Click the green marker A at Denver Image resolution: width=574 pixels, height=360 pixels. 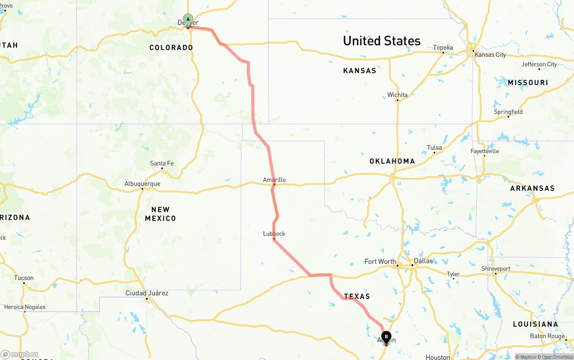188,20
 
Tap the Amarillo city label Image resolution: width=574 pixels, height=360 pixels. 274,180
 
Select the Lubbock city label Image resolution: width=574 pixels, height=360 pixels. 274,234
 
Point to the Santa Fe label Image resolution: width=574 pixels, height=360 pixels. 161,163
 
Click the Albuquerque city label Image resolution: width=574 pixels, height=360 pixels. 142,184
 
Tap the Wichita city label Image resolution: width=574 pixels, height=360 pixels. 397,95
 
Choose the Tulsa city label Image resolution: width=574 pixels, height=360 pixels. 434,147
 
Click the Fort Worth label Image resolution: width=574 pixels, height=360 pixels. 380,261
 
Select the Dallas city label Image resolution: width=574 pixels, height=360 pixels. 423,260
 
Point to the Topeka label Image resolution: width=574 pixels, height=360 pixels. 443,48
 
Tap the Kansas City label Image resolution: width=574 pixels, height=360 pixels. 490,55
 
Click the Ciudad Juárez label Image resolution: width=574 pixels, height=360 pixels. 147,293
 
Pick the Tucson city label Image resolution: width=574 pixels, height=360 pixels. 24,278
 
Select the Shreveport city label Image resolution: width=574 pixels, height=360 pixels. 496,269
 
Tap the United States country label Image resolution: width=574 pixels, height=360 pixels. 382,41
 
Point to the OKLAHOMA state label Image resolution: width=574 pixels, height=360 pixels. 392,161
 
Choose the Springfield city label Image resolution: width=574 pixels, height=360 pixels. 508,112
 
